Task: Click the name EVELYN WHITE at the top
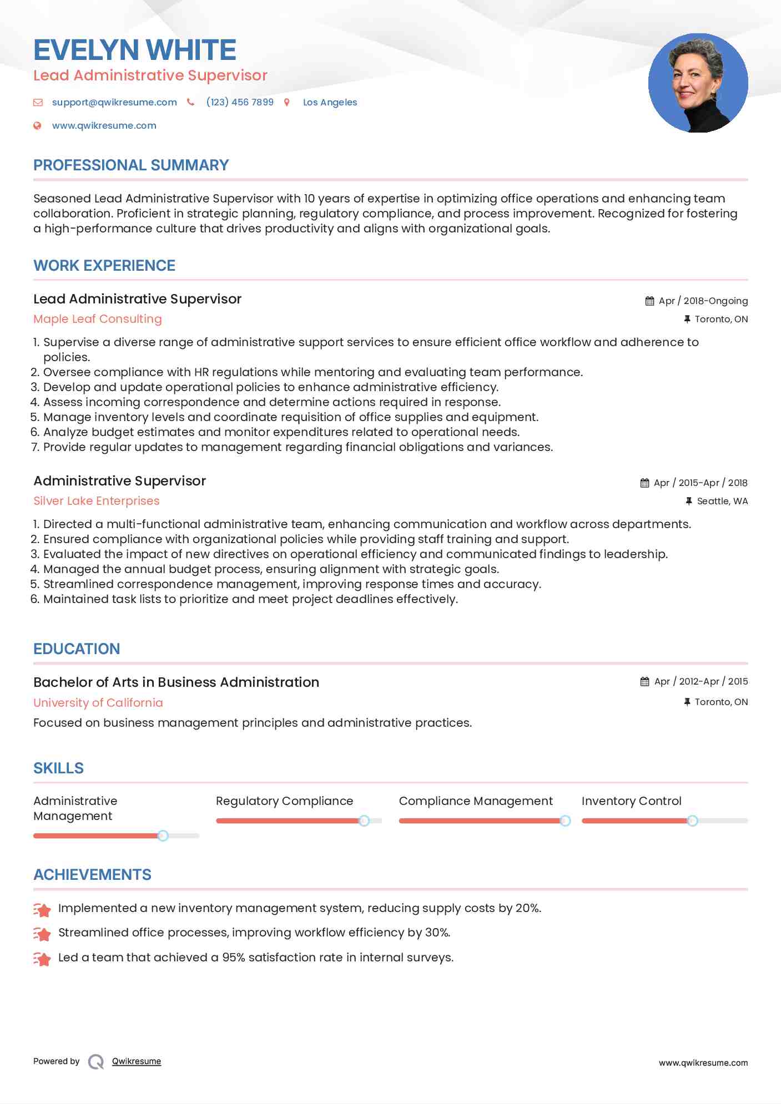pos(135,50)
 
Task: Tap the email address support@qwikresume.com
pos(114,102)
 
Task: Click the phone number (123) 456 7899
pos(240,102)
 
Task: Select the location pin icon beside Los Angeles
pos(287,102)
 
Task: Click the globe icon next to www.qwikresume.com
pos(37,125)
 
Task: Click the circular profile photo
pos(698,83)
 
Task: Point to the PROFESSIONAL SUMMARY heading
pos(131,165)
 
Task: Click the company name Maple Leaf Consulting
pos(98,319)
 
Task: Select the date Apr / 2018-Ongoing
pos(703,301)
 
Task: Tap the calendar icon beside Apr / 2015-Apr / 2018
pos(644,483)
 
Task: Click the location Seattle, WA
pos(722,501)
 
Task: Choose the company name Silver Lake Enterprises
pos(97,501)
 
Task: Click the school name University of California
pos(98,702)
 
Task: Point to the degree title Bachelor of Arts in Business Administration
pos(176,682)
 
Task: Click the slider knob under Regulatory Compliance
pos(364,821)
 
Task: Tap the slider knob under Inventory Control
pos(692,821)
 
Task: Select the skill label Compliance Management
pos(476,801)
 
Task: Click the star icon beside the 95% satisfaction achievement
pos(42,958)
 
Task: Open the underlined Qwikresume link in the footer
pos(137,1061)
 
